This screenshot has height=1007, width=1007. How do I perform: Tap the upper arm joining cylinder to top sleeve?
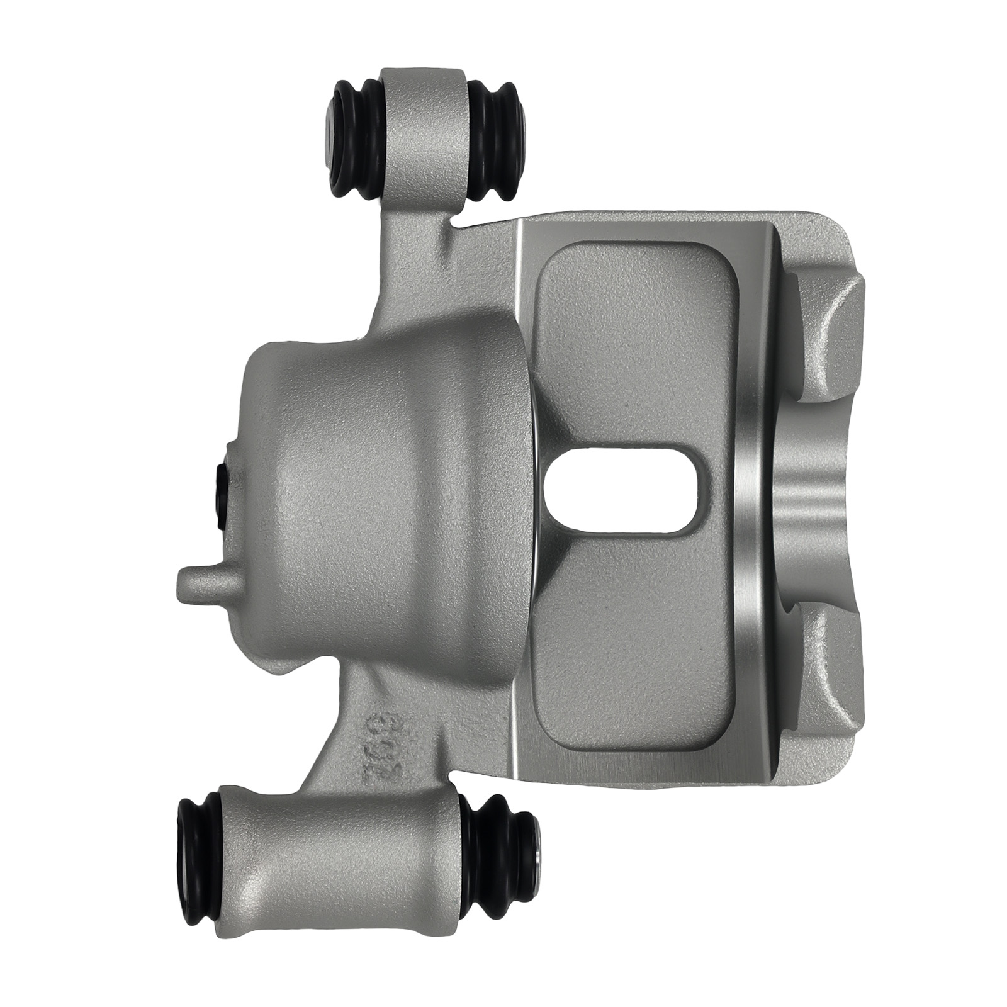409,264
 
